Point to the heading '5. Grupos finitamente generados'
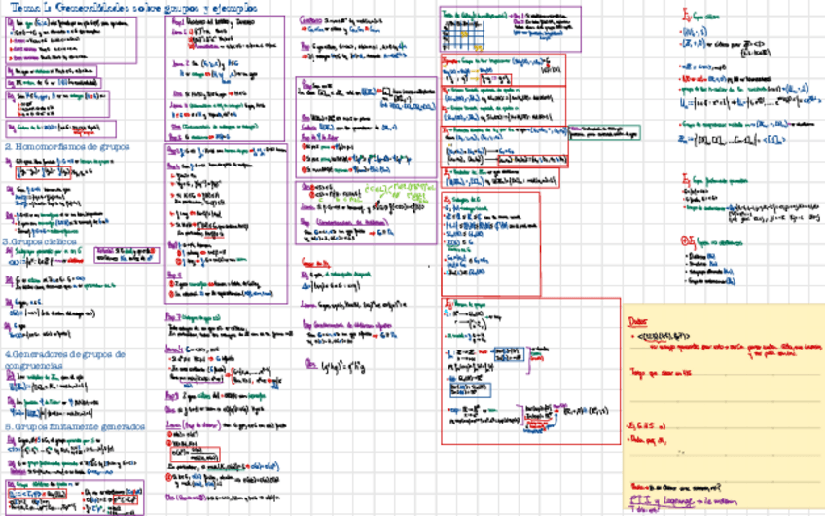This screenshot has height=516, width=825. pyautogui.click(x=74, y=425)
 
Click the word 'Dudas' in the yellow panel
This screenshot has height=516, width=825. pyautogui.click(x=636, y=319)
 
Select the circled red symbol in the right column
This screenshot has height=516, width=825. pyautogui.click(x=690, y=240)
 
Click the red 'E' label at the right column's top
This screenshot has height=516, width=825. pyautogui.click(x=688, y=17)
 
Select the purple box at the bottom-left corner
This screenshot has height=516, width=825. pyautogui.click(x=73, y=495)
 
